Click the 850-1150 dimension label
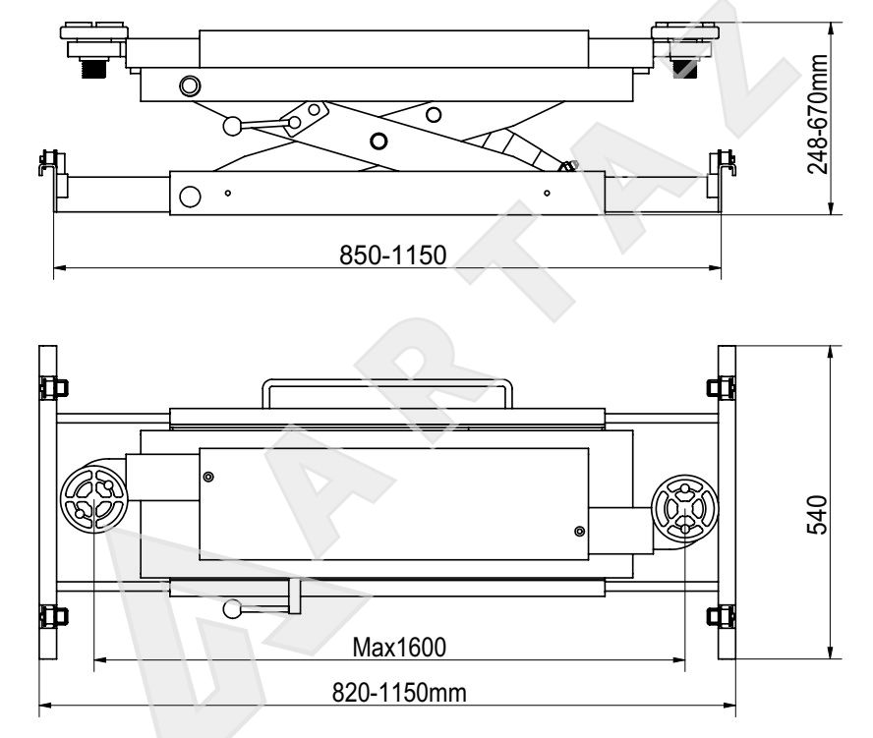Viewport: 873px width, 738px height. [x=393, y=255]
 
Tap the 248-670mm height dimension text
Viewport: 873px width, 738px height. [x=818, y=114]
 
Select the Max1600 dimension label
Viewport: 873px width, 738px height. [x=399, y=648]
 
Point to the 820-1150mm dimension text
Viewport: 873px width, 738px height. [x=399, y=693]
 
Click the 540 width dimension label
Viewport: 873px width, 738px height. [x=818, y=515]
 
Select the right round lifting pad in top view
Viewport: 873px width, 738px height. [x=685, y=508]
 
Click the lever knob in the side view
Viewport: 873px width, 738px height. [x=232, y=126]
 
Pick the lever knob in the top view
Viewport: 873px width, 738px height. [x=232, y=609]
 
